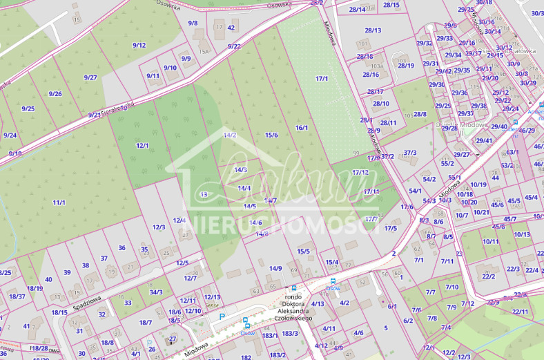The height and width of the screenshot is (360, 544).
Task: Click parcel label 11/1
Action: tap(59, 202)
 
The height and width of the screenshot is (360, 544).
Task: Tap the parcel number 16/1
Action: tap(301, 127)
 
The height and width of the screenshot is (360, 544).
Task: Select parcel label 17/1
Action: tap(322, 79)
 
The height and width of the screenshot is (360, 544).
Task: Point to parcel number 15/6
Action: tap(271, 135)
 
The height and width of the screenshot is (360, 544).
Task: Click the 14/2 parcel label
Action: tap(230, 135)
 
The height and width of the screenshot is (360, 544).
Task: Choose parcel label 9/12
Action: tap(139, 45)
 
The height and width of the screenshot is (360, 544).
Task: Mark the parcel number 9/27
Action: tap(90, 77)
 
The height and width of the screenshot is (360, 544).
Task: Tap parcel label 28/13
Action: tap(373, 30)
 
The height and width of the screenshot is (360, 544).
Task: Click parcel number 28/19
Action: tap(406, 66)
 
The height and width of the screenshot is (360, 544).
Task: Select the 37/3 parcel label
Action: tap(410, 153)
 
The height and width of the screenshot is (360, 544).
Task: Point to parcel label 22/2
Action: tap(489, 276)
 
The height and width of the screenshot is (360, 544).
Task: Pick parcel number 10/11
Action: tap(491, 241)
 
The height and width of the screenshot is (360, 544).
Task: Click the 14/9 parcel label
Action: tap(275, 268)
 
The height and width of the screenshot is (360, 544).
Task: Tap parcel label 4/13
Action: tap(318, 303)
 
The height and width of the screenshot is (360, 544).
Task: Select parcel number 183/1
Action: tap(269, 334)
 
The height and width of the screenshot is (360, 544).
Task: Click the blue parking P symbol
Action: tap(222, 316)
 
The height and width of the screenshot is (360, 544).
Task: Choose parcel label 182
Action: tap(246, 357)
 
